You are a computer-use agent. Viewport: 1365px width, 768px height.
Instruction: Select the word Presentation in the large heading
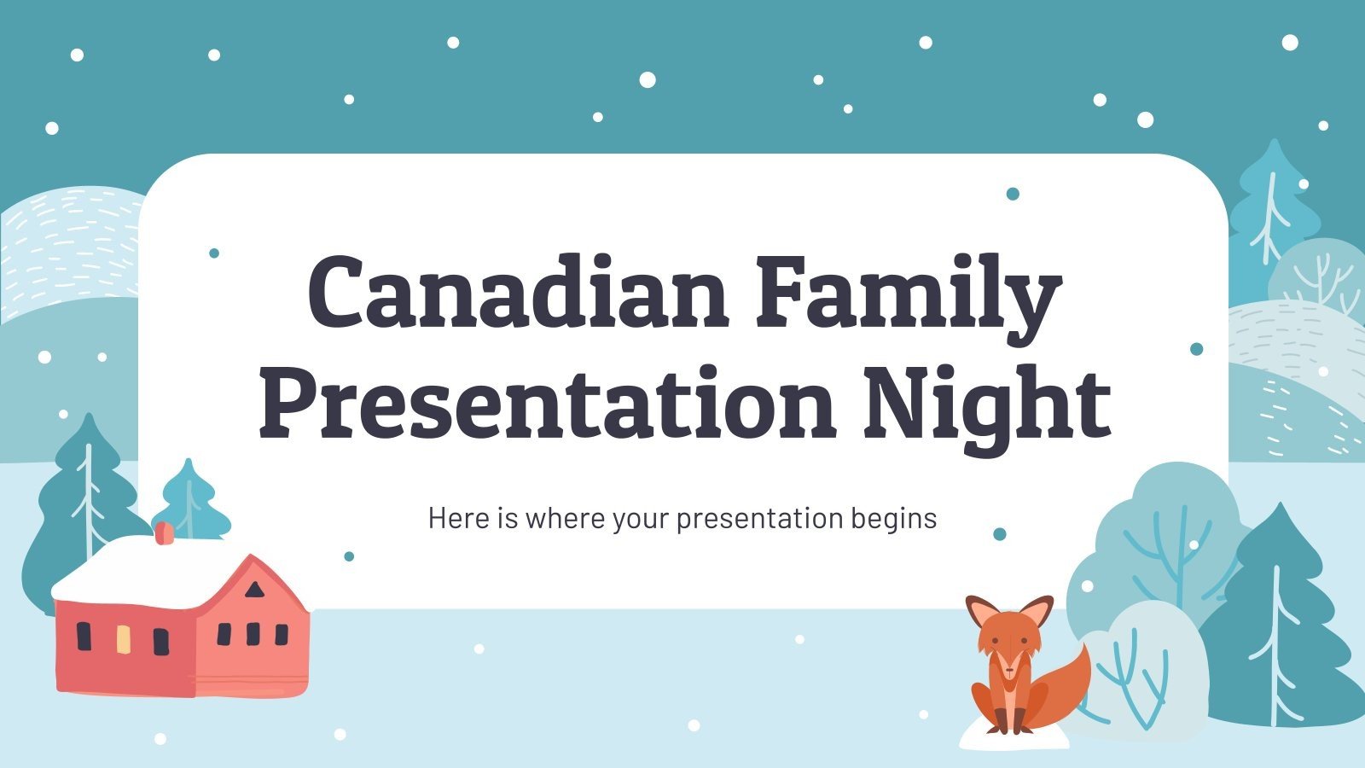(546, 402)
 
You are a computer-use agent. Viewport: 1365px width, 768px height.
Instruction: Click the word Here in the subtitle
(459, 518)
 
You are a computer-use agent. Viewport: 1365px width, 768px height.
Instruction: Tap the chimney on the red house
(164, 532)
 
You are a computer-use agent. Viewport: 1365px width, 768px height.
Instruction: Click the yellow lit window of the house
(123, 639)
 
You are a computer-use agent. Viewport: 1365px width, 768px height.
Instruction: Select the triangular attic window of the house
(254, 589)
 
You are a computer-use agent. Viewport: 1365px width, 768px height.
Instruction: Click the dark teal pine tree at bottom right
(1280, 623)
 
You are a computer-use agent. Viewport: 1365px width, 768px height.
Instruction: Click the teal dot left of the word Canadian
(214, 253)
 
